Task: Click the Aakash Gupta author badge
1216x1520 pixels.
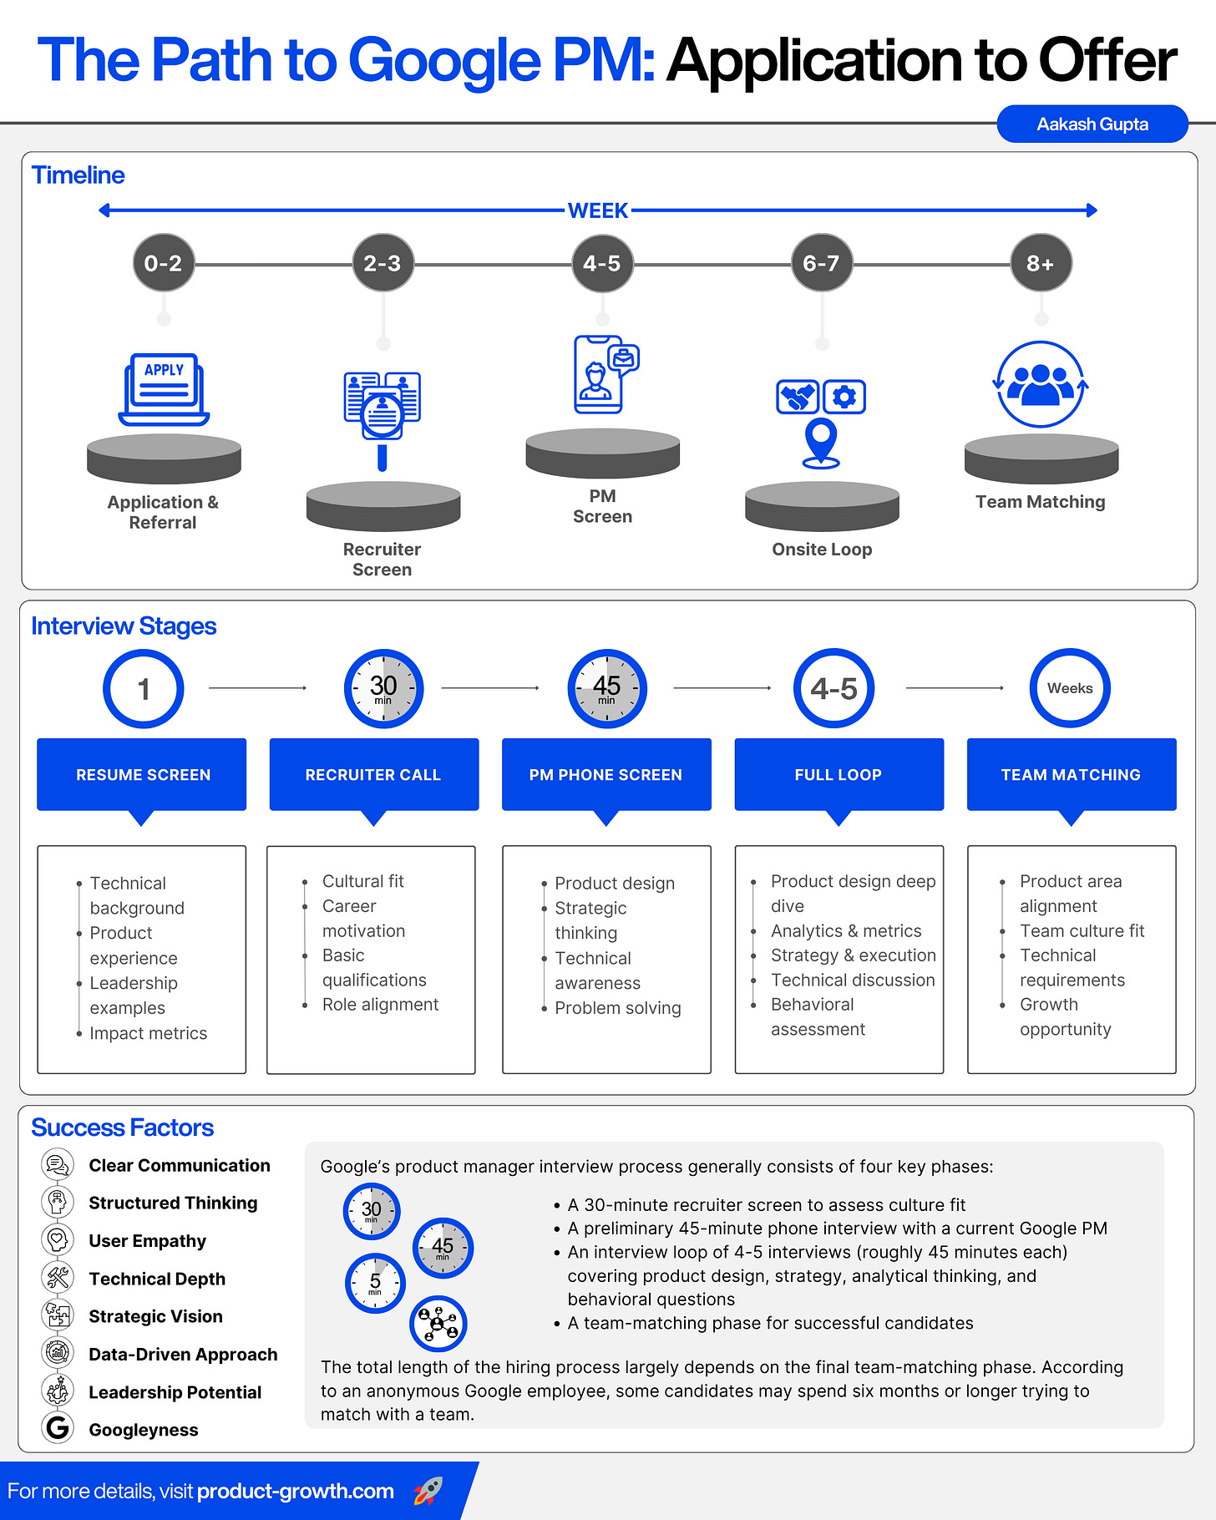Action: tap(1092, 124)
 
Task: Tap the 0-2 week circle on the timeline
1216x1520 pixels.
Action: tap(164, 263)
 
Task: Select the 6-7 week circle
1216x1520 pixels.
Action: tap(821, 263)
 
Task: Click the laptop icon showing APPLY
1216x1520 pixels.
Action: tap(165, 388)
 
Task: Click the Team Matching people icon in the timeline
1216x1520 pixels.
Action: tap(1041, 385)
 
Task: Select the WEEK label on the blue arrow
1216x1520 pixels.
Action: tap(598, 210)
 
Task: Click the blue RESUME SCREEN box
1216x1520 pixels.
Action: tap(142, 774)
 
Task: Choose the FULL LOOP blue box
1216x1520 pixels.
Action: tap(839, 774)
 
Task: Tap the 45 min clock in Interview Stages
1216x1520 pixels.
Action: tap(606, 688)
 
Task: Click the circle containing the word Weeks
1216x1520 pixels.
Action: tap(1070, 688)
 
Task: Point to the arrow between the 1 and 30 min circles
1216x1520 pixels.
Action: tap(257, 688)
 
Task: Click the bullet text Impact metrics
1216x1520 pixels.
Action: tap(148, 1033)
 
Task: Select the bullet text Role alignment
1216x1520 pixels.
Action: tap(380, 1005)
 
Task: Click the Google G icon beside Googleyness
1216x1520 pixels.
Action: tap(58, 1428)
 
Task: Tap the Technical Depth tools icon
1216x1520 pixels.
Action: tap(58, 1277)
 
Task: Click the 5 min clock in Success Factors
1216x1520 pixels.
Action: tap(375, 1283)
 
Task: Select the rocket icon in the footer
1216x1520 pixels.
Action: tap(428, 1491)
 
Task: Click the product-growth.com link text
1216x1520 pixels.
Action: tap(296, 1492)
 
